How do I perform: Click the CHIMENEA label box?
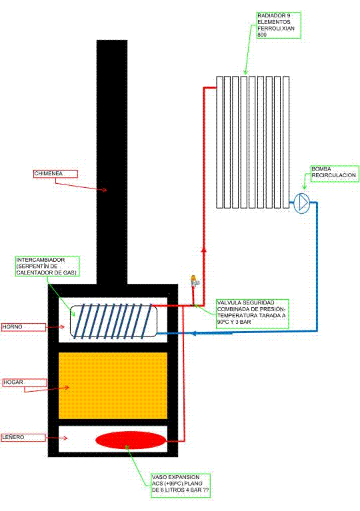tap(56, 174)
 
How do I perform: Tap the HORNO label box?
tap(24, 327)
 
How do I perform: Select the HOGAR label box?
tap(25, 382)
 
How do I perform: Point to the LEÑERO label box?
tap(23, 437)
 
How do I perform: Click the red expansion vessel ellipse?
tap(131, 440)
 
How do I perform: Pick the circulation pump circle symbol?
tap(301, 203)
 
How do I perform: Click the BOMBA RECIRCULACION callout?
tap(334, 173)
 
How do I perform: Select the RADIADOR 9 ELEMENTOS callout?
tap(279, 25)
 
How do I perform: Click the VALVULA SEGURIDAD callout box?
tap(252, 313)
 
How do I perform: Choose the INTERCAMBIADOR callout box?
tap(47, 266)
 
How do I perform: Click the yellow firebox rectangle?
tap(113, 386)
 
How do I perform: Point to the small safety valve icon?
tap(194, 281)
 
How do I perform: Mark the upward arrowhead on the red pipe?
tap(204, 250)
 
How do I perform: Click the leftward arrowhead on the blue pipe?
tap(193, 333)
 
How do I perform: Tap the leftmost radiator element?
tap(219, 142)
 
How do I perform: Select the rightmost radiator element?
tap(286, 142)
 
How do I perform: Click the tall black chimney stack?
tap(112, 163)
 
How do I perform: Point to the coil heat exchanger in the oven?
tap(113, 321)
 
